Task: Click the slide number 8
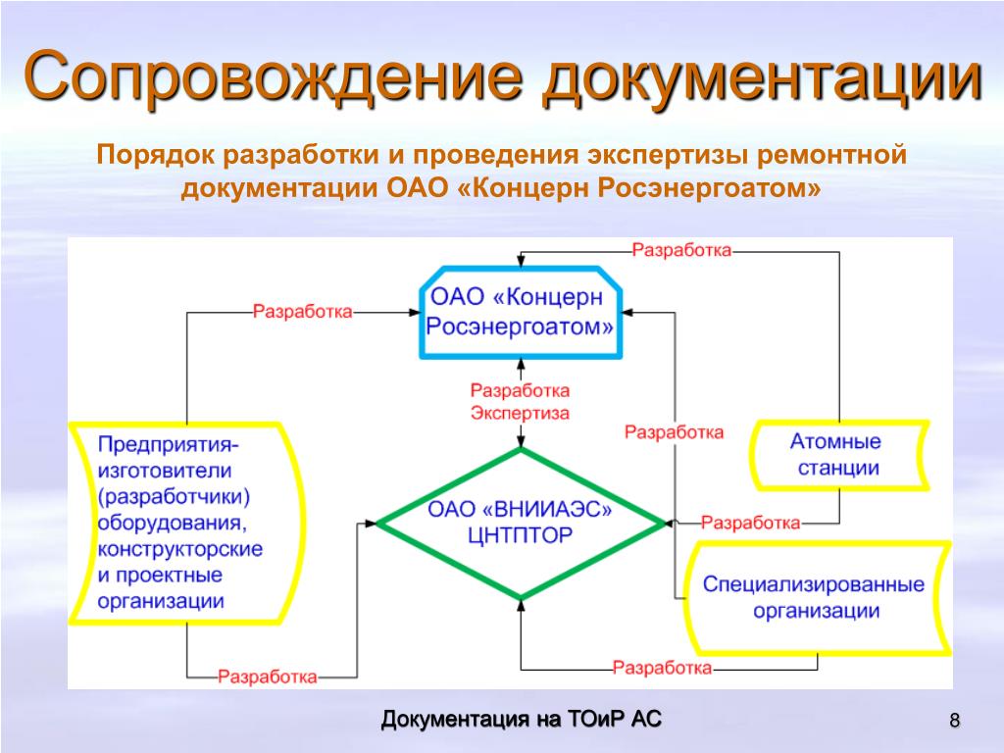(954, 723)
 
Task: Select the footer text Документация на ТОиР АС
(521, 720)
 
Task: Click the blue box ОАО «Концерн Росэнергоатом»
(521, 311)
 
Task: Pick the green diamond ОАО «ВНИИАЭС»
(520, 524)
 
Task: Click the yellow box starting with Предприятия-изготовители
(182, 522)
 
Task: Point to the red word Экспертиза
(520, 413)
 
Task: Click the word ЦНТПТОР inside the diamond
(520, 536)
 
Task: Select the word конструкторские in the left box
(180, 548)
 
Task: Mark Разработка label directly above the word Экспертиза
(520, 390)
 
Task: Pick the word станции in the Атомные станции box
(837, 467)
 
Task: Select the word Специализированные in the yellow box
(814, 584)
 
